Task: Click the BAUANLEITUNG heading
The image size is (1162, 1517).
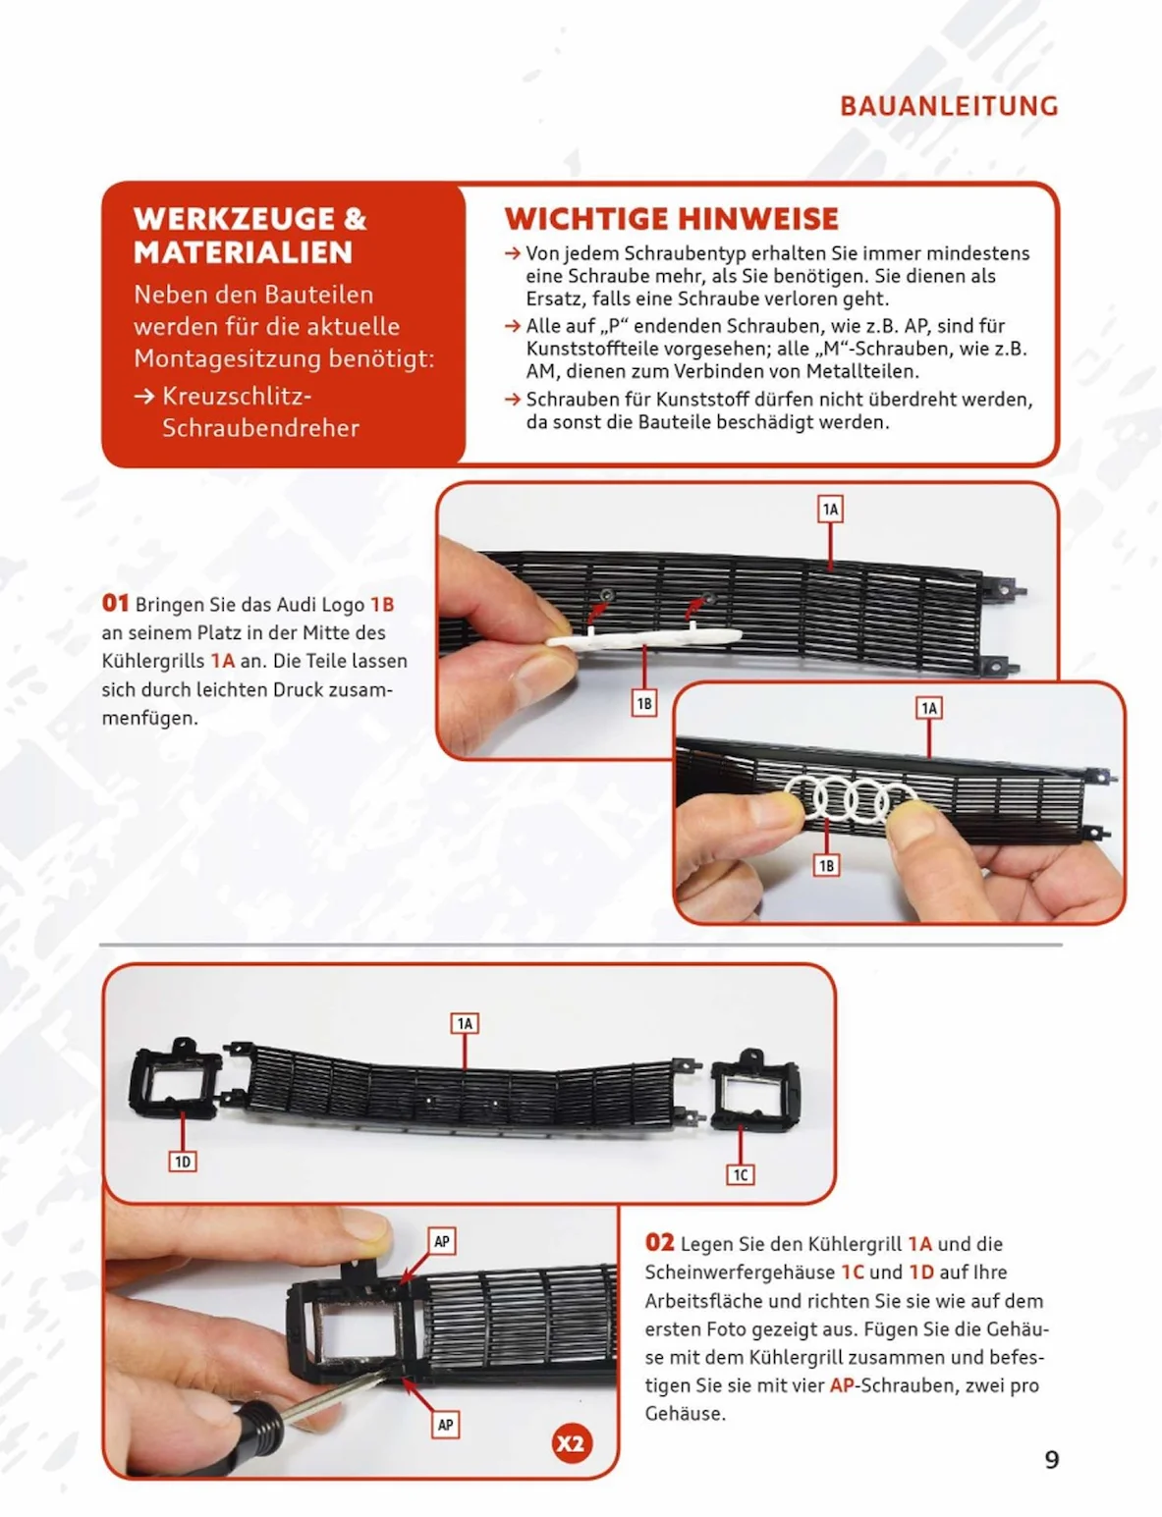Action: pyautogui.click(x=948, y=106)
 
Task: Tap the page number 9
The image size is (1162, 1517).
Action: pyautogui.click(x=1052, y=1459)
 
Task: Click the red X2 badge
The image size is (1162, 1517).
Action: pyautogui.click(x=572, y=1443)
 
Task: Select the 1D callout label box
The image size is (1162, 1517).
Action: pyautogui.click(x=183, y=1162)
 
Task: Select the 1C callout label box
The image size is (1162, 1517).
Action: pyautogui.click(x=741, y=1174)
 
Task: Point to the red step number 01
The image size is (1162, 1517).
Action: pyautogui.click(x=115, y=603)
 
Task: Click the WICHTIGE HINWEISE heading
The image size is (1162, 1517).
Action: pyautogui.click(x=671, y=219)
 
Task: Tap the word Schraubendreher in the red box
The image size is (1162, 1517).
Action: pyautogui.click(x=260, y=427)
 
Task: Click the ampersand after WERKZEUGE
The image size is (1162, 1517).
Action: pyautogui.click(x=355, y=219)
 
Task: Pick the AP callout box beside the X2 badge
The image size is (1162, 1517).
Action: pyautogui.click(x=446, y=1425)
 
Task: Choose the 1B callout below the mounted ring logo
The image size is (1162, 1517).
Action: pyautogui.click(x=826, y=866)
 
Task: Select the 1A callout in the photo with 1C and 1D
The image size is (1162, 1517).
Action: pyautogui.click(x=465, y=1023)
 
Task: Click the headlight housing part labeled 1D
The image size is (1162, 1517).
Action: pyautogui.click(x=175, y=1078)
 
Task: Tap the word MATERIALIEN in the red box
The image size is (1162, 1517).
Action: pyautogui.click(x=243, y=252)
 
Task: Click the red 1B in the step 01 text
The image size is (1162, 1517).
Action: pyautogui.click(x=382, y=604)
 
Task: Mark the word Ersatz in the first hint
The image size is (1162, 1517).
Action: pyautogui.click(x=556, y=298)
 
